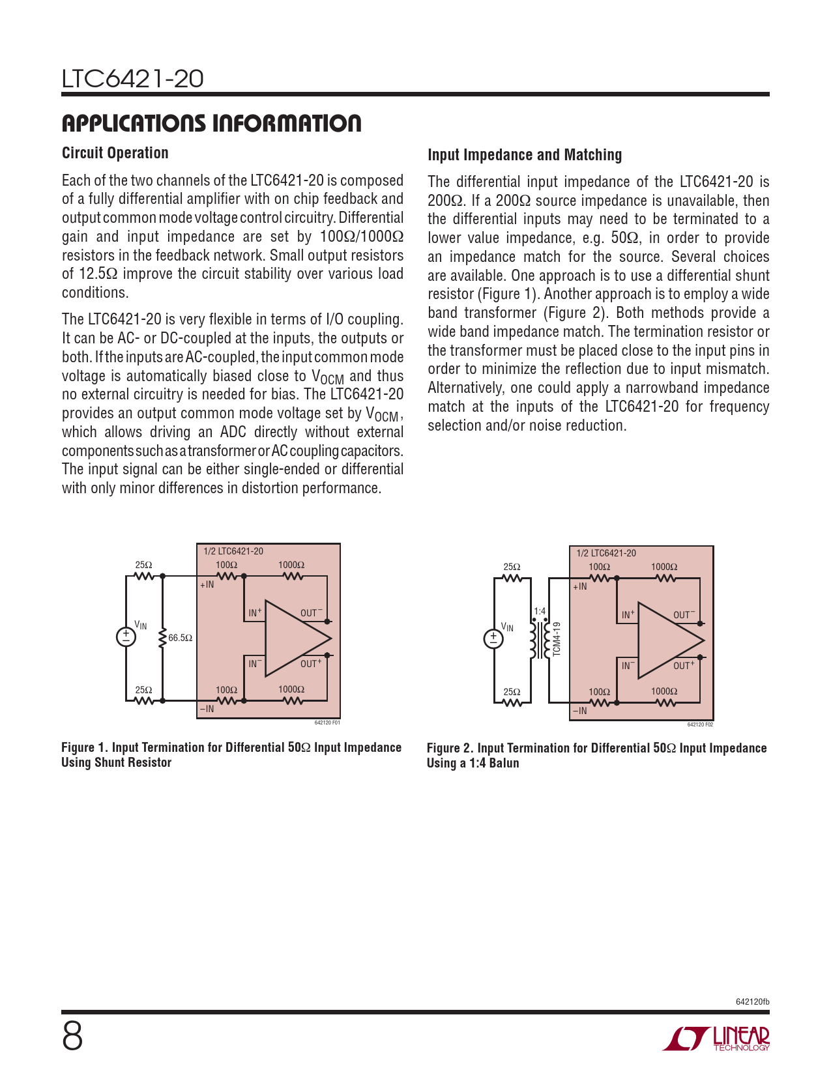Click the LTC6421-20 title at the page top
[x=133, y=79]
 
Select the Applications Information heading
[x=211, y=123]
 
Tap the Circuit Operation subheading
[x=115, y=153]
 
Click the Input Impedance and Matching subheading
[x=525, y=155]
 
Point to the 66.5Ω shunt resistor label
[x=180, y=638]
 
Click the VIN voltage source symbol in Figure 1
[x=126, y=637]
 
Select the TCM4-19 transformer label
[x=556, y=639]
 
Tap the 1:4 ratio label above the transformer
[x=540, y=611]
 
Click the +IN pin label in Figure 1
[x=207, y=585]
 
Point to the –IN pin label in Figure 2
[x=579, y=711]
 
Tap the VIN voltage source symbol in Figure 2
[x=494, y=639]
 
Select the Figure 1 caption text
[x=231, y=754]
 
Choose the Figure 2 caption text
[x=596, y=755]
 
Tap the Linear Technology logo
[x=716, y=1039]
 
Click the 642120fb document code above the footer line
[x=752, y=1001]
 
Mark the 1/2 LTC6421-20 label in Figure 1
[x=233, y=551]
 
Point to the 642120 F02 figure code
[x=700, y=724]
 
